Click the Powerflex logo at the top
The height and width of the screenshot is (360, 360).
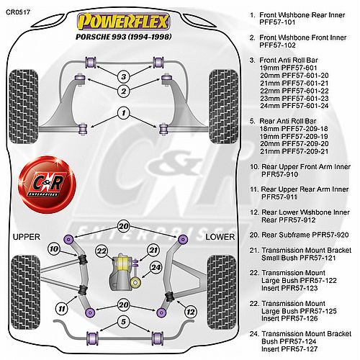click(123, 22)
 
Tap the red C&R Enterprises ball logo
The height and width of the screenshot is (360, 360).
click(47, 184)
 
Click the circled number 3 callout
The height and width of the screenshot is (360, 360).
click(124, 77)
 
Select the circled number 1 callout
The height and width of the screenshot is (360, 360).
click(124, 113)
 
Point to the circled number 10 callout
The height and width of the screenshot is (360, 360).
click(54, 249)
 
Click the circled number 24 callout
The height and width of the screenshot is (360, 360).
click(156, 267)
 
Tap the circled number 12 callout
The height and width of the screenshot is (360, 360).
click(191, 312)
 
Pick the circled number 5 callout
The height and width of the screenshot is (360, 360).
click(123, 322)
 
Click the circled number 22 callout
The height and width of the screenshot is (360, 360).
click(102, 251)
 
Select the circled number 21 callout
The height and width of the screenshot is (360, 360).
click(153, 251)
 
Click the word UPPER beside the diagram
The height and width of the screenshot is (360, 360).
click(27, 237)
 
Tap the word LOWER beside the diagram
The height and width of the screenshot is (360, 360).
click(220, 237)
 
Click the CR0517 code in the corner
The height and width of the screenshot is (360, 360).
click(18, 12)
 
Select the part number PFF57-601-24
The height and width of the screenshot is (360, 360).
click(305, 106)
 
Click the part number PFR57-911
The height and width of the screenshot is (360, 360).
click(279, 197)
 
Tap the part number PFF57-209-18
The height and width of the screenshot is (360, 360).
click(305, 129)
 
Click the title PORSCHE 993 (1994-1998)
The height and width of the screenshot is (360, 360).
click(124, 37)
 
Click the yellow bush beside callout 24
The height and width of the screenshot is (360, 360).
click(135, 282)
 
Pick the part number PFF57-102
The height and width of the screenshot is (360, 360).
click(277, 45)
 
